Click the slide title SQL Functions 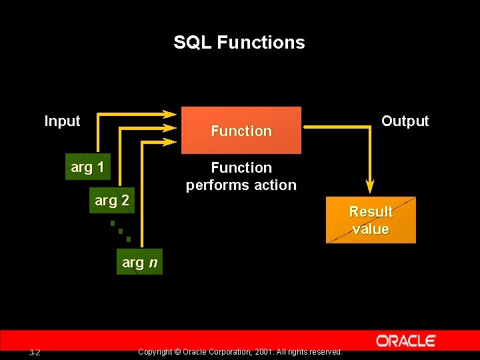(239, 43)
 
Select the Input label (62, 121)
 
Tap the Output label (405, 121)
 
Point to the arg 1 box (87, 167)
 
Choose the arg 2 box (112, 200)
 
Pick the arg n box (140, 263)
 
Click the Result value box (371, 220)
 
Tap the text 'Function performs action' (241, 177)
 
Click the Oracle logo (405, 341)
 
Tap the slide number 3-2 (35, 352)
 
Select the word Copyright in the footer (154, 352)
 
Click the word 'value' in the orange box (371, 229)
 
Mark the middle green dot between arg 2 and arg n (121, 231)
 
